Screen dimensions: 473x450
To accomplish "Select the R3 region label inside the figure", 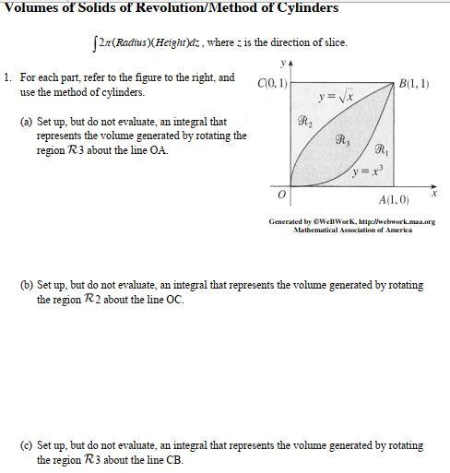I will [342, 141].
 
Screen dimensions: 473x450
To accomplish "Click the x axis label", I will [433, 195].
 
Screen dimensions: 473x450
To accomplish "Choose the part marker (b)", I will [27, 285].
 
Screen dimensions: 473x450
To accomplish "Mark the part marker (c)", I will [27, 444].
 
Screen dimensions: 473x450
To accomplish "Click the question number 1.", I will [8, 78].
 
